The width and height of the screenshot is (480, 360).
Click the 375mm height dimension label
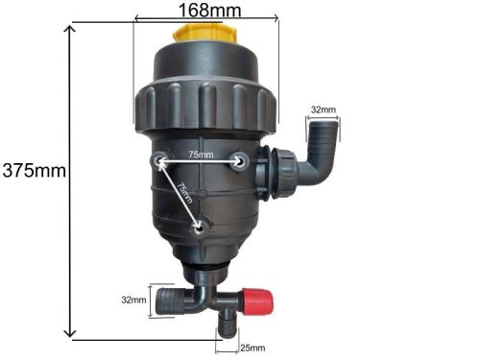coord(34,172)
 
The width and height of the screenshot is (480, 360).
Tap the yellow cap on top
coord(204,36)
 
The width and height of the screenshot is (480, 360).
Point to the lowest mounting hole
coord(199,228)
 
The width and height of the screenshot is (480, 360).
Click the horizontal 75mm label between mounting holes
coord(200,153)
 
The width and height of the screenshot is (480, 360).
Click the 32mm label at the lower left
coord(132,300)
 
